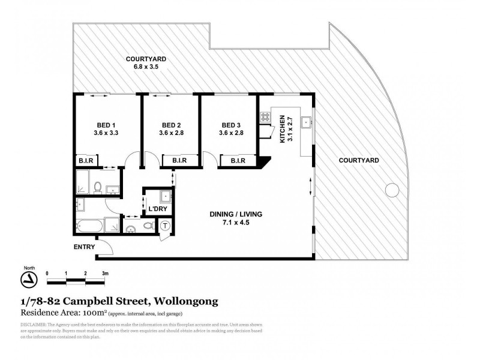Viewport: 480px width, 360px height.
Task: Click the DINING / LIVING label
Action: point(235,214)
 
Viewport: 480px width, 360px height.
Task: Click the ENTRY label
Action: point(83,247)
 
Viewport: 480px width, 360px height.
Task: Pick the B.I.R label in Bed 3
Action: point(232,160)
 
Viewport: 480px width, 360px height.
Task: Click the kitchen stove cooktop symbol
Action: point(264,118)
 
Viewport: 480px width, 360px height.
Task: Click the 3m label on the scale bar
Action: point(105,273)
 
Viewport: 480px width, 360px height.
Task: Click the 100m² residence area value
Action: point(93,313)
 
